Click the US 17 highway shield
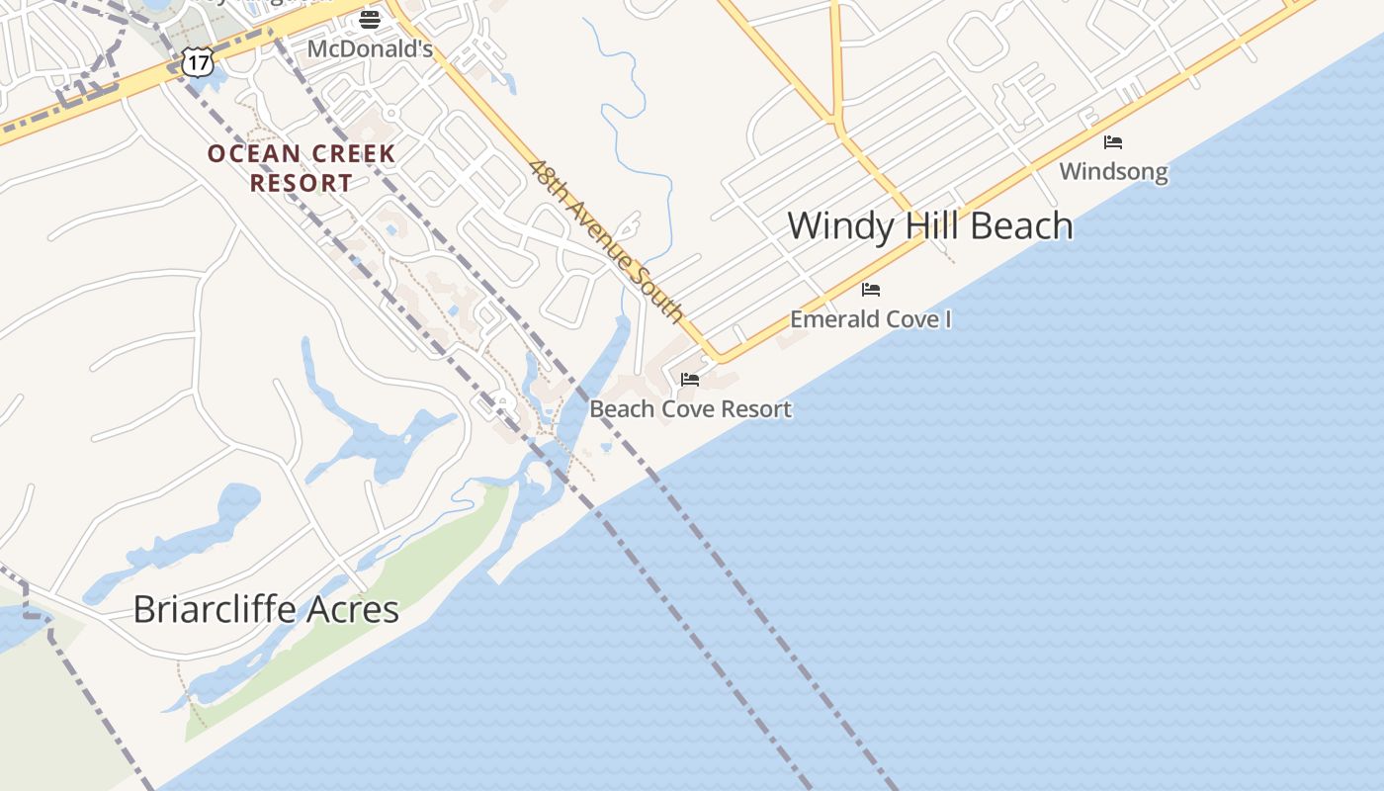[x=198, y=62]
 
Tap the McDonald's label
[x=370, y=48]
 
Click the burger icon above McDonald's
[x=370, y=19]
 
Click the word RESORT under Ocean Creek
[x=302, y=183]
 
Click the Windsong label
[x=1113, y=171]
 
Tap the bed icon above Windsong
[x=1113, y=142]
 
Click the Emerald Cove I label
[x=870, y=318]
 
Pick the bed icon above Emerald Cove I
[x=871, y=290]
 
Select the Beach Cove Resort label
[x=690, y=408]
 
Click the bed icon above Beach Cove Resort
[x=690, y=380]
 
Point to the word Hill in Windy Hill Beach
[x=928, y=226]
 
